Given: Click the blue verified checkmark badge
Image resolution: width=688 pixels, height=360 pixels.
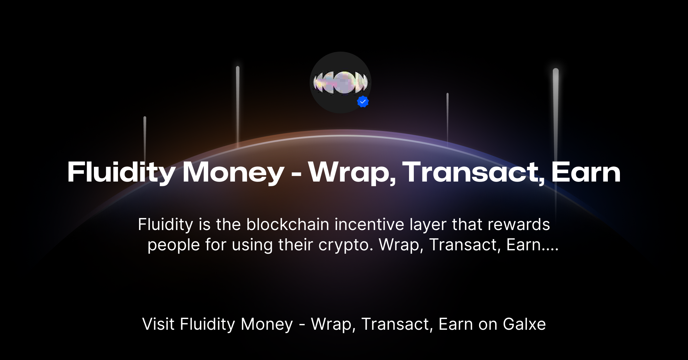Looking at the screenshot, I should pos(363,102).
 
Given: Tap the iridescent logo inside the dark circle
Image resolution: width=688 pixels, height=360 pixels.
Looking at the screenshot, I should pos(340,83).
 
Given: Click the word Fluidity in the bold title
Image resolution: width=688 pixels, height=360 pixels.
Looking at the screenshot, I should pos(121,172).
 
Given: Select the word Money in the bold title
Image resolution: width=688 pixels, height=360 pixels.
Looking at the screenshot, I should pos(233,172).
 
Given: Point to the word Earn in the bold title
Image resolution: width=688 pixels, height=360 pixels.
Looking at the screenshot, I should pos(586,172).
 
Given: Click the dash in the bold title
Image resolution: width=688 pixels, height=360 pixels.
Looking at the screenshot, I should pos(296,174).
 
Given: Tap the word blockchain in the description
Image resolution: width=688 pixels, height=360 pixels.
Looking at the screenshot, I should pos(288,225).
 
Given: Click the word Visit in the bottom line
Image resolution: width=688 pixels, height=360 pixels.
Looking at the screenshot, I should pos(158,324).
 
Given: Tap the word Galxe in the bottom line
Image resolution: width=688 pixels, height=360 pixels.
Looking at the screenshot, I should pos(524,324).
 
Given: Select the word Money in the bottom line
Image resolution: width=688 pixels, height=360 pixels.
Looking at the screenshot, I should pos(267,324).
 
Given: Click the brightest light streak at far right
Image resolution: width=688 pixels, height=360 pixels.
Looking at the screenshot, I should pos(556,103).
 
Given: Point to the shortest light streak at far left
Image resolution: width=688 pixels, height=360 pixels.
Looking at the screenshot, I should pos(145,138).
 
